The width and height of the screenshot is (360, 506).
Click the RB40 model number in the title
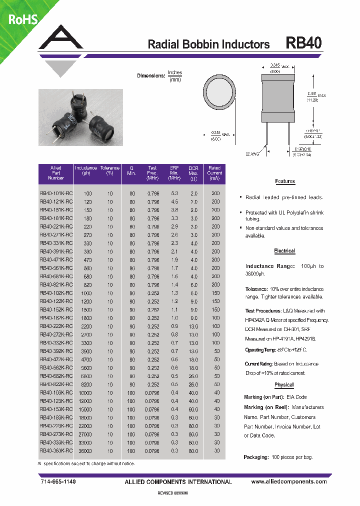pos(303,43)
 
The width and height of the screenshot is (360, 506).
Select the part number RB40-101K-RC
pos(55,193)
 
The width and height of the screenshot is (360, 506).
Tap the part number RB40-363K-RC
pos(55,451)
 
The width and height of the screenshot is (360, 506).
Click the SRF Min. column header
pos(174,172)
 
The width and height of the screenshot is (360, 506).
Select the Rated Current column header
pos(214,172)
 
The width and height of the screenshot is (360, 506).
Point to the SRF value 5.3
pos(174,193)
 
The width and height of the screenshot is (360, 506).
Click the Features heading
pos(285,181)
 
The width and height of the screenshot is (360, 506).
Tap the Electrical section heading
pos(284,251)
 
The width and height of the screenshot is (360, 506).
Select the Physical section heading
pos(284,385)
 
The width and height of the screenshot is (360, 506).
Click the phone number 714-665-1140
pos(58,482)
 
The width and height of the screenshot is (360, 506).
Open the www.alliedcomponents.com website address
pos(288,482)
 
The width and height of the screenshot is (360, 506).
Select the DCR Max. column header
pos(193,172)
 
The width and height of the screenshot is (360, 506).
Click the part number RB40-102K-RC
pos(55,293)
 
